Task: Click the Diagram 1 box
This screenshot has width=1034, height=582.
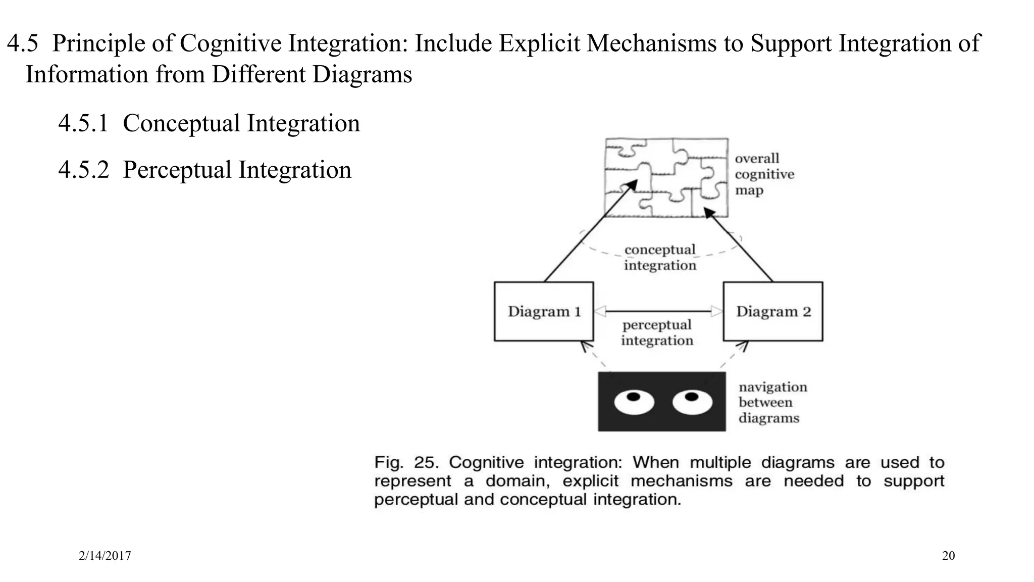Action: [544, 311]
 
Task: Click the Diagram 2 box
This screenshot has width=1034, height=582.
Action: [772, 311]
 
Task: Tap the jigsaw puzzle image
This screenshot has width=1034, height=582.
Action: [666, 177]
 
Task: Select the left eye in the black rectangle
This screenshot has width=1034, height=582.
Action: [634, 402]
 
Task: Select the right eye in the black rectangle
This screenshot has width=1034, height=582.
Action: [692, 402]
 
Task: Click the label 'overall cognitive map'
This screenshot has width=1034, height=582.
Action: [764, 174]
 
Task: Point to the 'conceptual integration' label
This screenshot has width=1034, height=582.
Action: [660, 257]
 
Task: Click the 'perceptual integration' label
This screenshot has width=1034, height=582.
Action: [657, 332]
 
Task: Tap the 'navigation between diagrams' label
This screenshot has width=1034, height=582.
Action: [772, 403]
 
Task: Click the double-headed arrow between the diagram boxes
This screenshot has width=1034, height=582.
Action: [658, 311]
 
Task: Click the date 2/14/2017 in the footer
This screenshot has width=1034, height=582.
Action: [105, 556]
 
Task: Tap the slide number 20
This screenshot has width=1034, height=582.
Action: [948, 556]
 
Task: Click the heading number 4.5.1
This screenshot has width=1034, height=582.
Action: [83, 123]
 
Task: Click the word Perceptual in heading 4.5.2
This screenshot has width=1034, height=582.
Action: [177, 170]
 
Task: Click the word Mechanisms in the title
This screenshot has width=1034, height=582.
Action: [651, 43]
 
